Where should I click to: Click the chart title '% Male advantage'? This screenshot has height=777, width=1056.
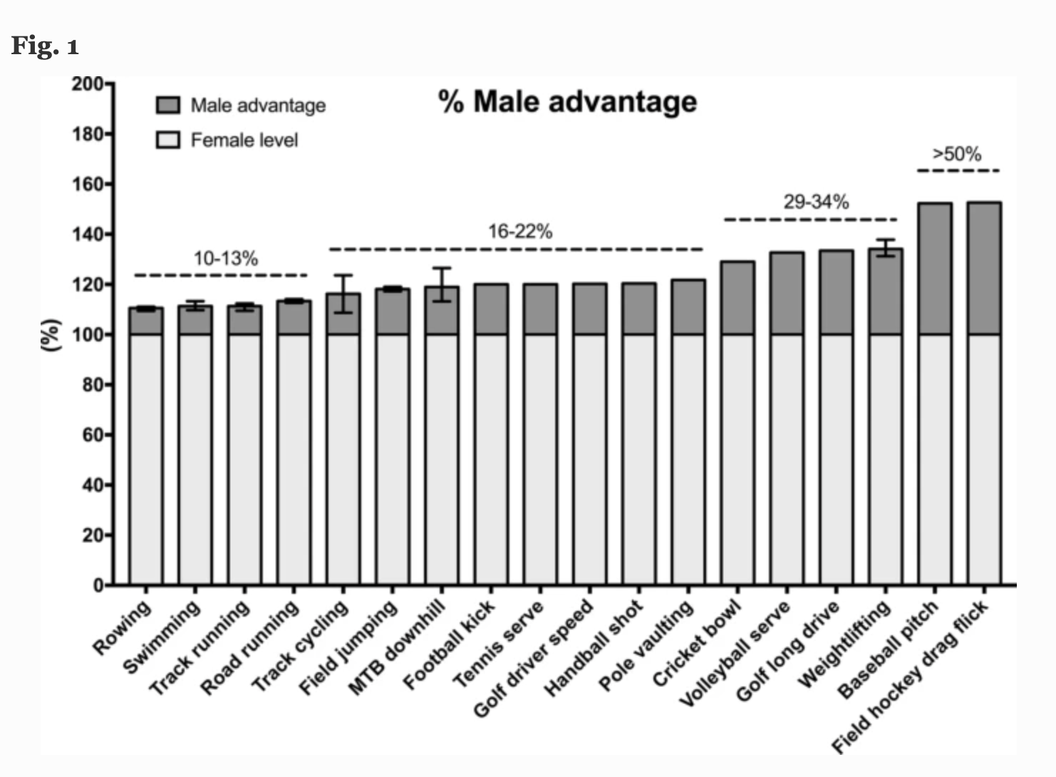(567, 101)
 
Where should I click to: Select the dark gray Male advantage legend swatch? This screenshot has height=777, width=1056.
(167, 106)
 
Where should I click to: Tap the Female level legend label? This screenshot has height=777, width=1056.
(244, 140)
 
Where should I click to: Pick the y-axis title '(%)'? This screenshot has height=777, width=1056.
(50, 334)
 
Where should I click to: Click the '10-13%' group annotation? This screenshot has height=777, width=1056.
(225, 258)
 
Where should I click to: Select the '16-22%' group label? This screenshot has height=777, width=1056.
(519, 231)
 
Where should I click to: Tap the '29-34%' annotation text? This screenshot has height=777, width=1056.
(816, 202)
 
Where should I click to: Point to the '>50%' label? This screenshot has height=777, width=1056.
(956, 154)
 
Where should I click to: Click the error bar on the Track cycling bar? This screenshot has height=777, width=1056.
(343, 294)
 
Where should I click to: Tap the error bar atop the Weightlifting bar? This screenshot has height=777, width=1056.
(885, 247)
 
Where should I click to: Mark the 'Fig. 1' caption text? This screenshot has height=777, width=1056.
(45, 46)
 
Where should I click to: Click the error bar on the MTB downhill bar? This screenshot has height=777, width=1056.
(442, 284)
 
